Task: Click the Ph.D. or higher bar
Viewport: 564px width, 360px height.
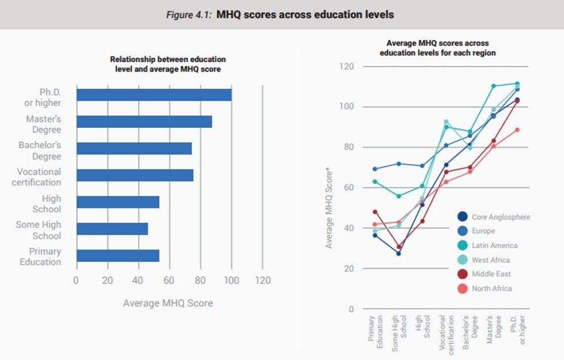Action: [x=154, y=94]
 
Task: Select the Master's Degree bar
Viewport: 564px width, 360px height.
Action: [x=144, y=122]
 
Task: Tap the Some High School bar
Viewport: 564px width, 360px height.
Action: [x=112, y=229]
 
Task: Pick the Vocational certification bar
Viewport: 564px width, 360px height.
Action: [x=135, y=175]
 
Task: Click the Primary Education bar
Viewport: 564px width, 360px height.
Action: [x=117, y=256]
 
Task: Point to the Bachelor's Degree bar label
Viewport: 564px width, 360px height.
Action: [x=40, y=150]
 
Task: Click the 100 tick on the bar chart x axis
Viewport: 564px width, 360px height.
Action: [x=231, y=281]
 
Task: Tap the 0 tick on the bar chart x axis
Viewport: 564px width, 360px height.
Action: [x=76, y=281]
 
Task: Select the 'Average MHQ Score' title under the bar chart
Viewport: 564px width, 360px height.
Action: [x=167, y=302]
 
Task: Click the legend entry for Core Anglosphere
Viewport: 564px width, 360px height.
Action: [x=501, y=217]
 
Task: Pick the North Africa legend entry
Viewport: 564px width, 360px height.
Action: [x=491, y=289]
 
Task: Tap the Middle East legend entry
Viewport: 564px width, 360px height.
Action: [x=491, y=274]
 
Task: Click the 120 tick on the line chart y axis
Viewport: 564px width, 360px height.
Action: [x=346, y=67]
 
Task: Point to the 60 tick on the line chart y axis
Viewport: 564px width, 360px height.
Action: [x=348, y=188]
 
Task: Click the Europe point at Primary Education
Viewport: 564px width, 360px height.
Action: [x=375, y=169]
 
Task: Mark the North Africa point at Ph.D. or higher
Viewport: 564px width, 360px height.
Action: [x=517, y=130]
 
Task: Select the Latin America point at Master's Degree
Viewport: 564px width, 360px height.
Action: [x=493, y=86]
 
